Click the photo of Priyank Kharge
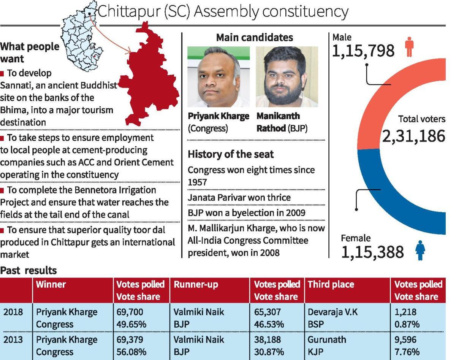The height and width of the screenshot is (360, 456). coord(218,77)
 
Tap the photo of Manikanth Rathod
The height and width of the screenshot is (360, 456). coord(287,77)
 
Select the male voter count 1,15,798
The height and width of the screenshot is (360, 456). coord(363,51)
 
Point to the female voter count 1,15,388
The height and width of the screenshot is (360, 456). coord(372,252)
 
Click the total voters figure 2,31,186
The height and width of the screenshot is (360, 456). coord(413,136)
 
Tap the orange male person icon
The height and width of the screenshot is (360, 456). coord(409,47)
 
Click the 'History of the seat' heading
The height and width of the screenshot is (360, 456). coord(231,154)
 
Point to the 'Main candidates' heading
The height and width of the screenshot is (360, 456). coord(254,38)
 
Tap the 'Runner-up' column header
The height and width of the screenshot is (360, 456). coord(191,284)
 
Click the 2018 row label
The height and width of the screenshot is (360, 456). coord(13,312)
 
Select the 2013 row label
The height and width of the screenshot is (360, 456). coord(13,339)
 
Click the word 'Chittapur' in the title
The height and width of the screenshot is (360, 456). coord(123,12)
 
